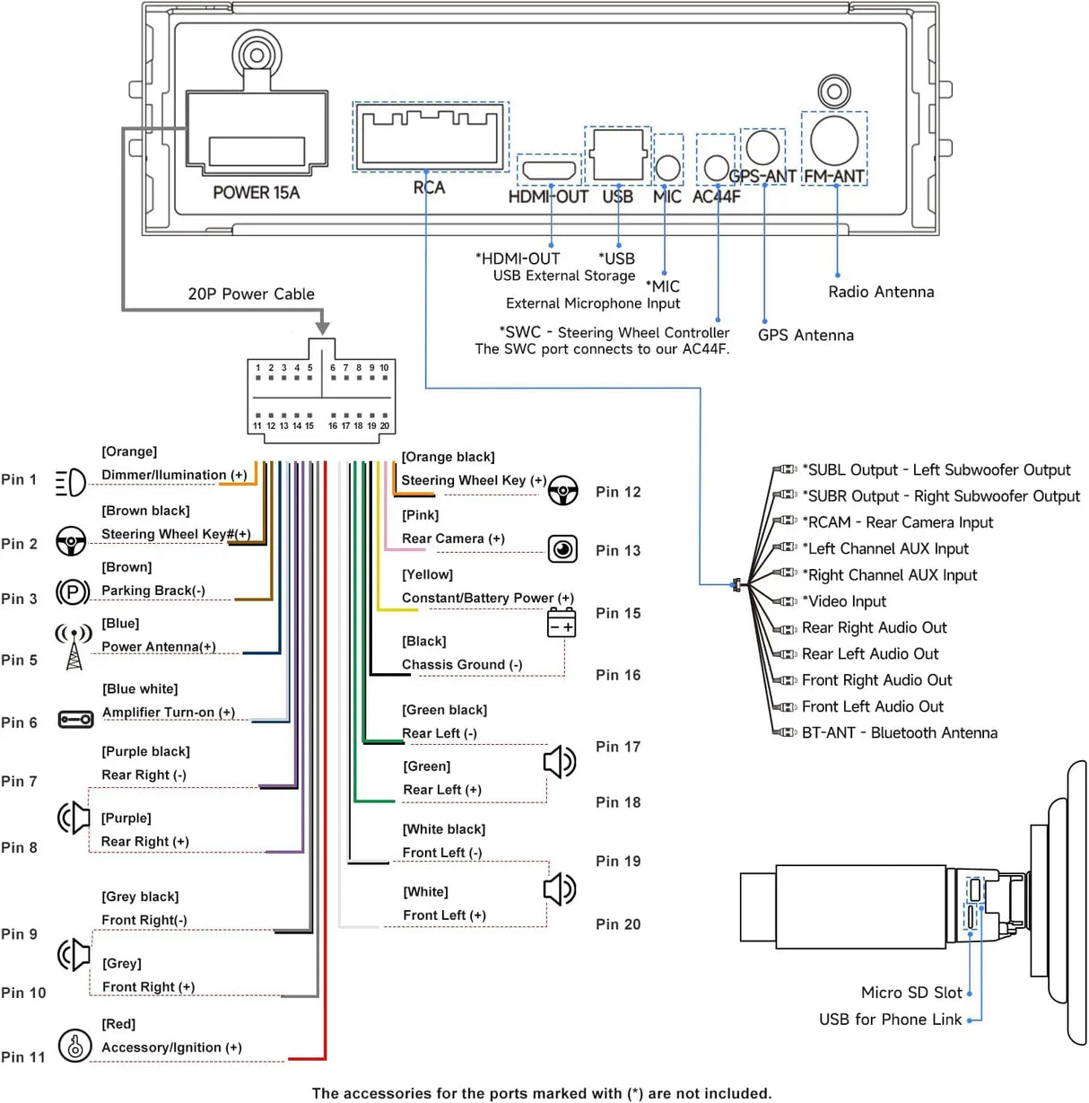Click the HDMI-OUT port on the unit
pyautogui.click(x=549, y=170)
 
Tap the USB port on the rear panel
pyautogui.click(x=618, y=154)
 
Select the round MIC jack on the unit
pyautogui.click(x=667, y=168)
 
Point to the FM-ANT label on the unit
pyautogui.click(x=833, y=176)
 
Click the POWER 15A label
pyautogui.click(x=256, y=192)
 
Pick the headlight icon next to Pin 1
pyautogui.click(x=70, y=482)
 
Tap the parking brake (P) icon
pyautogui.click(x=72, y=591)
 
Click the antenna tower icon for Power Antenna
pyautogui.click(x=74, y=646)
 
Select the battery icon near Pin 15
pyautogui.click(x=562, y=623)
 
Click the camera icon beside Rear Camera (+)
pyautogui.click(x=562, y=549)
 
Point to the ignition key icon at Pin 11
pyautogui.click(x=74, y=1046)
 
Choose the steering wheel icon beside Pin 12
pyautogui.click(x=563, y=491)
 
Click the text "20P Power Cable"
pyautogui.click(x=251, y=294)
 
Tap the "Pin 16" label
pyautogui.click(x=618, y=675)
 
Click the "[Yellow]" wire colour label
pyautogui.click(x=427, y=574)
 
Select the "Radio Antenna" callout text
pyautogui.click(x=881, y=292)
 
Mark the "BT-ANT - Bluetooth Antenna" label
pyautogui.click(x=900, y=732)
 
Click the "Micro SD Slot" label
pyautogui.click(x=911, y=992)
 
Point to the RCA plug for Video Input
pyautogui.click(x=785, y=601)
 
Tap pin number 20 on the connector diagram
pyautogui.click(x=385, y=426)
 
